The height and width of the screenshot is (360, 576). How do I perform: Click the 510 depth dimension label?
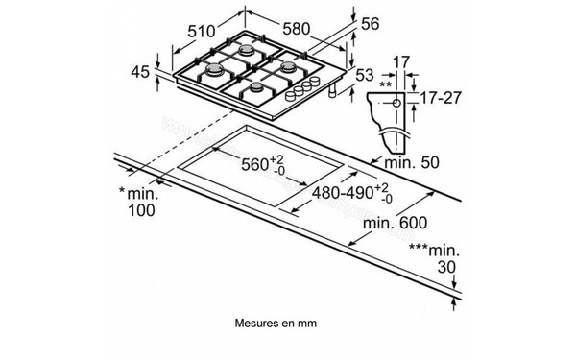(x=201, y=32)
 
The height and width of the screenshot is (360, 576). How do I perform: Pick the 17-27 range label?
(x=439, y=97)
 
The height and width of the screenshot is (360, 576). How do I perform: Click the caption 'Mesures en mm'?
(x=275, y=324)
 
